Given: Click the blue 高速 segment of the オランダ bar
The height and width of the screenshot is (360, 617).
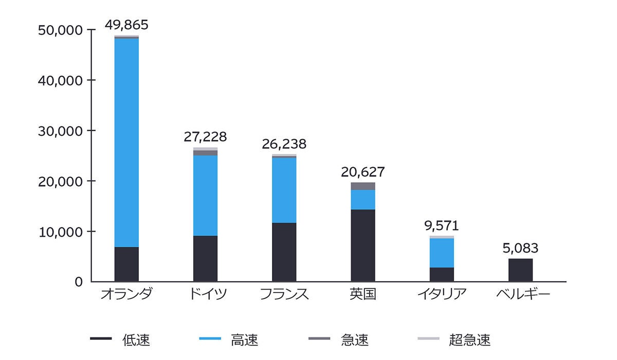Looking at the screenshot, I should [126, 142].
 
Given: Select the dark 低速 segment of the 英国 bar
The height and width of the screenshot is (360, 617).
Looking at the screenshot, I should [363, 245].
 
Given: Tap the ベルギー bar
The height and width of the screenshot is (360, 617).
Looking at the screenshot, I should [520, 270].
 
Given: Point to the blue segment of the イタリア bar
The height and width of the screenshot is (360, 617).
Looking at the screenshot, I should [442, 253].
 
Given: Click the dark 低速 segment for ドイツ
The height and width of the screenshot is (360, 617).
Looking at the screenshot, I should [205, 259].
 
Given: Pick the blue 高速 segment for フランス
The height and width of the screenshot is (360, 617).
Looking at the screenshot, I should [284, 190].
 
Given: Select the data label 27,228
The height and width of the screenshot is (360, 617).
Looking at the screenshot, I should [205, 137].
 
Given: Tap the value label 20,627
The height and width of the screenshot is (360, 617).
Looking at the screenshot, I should [363, 172].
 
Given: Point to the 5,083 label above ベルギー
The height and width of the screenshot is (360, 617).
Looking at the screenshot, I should [520, 248].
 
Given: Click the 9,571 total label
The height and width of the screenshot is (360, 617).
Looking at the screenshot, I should [442, 225].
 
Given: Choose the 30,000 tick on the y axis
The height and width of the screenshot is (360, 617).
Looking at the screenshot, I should [61, 131].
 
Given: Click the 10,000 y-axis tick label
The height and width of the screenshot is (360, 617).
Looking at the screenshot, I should [61, 231].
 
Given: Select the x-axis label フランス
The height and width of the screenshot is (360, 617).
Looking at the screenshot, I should [284, 295].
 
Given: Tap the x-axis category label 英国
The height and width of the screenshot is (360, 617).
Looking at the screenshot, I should [363, 295].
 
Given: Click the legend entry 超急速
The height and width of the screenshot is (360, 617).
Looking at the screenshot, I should [469, 339].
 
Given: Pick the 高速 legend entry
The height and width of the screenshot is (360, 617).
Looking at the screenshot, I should [245, 339].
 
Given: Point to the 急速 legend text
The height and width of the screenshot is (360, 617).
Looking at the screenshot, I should [355, 339].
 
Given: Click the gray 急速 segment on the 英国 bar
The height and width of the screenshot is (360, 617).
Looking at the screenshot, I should [363, 186].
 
